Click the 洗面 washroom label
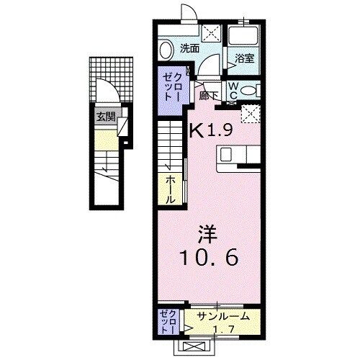tap(189, 50)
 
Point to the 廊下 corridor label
tap(209, 94)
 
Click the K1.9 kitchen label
tap(211, 130)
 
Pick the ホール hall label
tap(171, 187)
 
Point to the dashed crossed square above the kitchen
tap(250, 113)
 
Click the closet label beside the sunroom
tap(164, 320)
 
